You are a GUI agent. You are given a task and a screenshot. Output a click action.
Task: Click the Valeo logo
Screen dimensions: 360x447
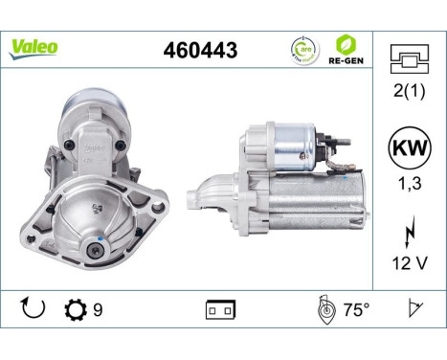pyautogui.click(x=34, y=47)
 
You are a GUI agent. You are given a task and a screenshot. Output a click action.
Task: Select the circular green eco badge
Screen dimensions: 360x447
pyautogui.click(x=303, y=48)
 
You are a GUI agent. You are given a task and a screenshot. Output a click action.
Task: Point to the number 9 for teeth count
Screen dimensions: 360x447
pyautogui.click(x=97, y=310)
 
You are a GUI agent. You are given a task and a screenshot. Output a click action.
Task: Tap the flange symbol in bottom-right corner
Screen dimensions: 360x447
pyautogui.click(x=413, y=309)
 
